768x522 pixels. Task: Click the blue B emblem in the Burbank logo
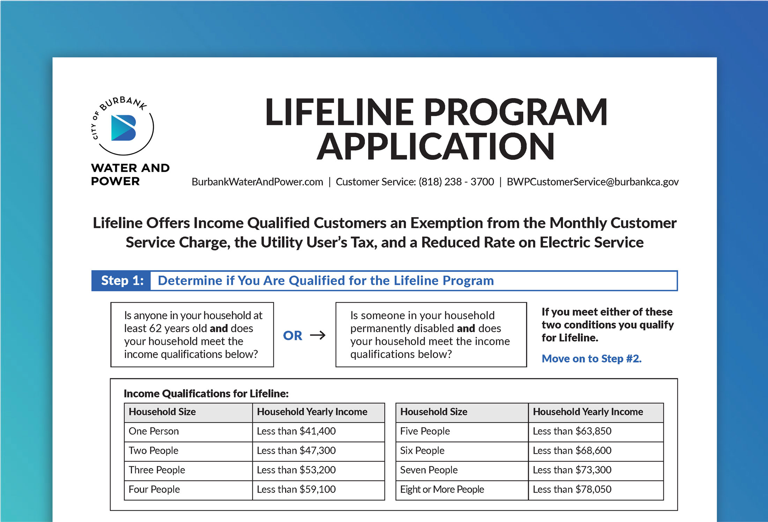[123, 128]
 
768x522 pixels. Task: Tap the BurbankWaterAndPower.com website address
[257, 182]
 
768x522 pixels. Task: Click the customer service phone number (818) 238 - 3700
[456, 182]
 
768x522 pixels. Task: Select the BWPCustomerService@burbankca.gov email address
[592, 182]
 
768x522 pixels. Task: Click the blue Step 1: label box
[121, 281]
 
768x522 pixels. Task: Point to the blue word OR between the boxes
[293, 336]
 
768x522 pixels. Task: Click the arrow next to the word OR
[318, 335]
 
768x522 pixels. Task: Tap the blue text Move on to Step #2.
[591, 359]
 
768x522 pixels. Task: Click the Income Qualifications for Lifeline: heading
[206, 394]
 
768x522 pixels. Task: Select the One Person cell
[154, 431]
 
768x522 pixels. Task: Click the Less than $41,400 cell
[296, 431]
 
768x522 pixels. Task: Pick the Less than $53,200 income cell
[296, 470]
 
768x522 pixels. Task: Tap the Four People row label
[154, 490]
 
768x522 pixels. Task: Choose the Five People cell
[425, 431]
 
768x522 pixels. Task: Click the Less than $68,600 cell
[572, 450]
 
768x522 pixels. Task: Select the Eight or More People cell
[442, 490]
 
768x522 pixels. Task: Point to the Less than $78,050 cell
[572, 490]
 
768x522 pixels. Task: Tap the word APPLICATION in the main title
[435, 147]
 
